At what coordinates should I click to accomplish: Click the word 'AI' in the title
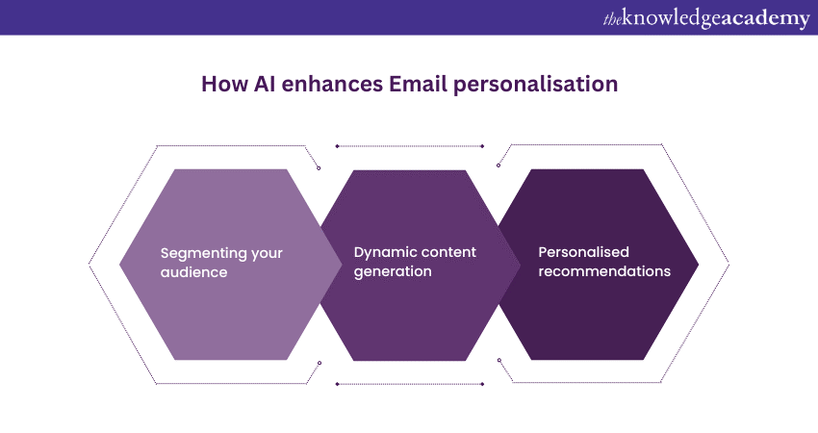point(265,84)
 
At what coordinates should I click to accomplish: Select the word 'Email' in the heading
point(418,84)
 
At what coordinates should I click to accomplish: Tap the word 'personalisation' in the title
point(535,85)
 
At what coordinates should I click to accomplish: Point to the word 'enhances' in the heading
point(332,84)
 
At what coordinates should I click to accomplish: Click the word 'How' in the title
point(225,84)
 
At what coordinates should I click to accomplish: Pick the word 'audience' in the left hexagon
point(193,272)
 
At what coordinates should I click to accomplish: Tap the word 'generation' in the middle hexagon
point(393,272)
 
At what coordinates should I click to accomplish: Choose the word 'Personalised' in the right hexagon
point(584,252)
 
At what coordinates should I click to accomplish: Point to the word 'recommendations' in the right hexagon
point(604,271)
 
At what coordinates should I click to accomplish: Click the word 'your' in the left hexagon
point(267,255)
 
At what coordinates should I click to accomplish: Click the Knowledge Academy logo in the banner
point(706,19)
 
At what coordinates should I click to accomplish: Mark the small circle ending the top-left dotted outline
point(319,168)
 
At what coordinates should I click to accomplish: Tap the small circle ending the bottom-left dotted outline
point(320,363)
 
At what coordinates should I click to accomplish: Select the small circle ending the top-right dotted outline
point(498,166)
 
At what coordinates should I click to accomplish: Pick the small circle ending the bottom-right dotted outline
point(499,360)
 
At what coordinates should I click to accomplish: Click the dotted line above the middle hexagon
point(410,146)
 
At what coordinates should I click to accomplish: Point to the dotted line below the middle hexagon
point(410,384)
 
